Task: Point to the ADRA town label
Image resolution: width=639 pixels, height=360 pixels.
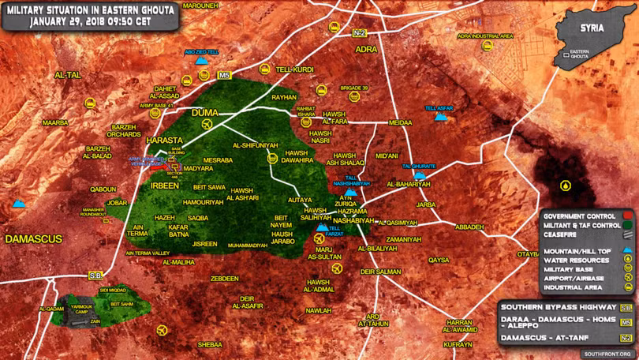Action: [367, 49]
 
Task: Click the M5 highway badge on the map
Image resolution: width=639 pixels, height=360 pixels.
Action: [224, 76]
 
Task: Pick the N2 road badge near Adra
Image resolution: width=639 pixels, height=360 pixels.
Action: [360, 32]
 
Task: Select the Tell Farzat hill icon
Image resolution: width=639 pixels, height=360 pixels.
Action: [322, 229]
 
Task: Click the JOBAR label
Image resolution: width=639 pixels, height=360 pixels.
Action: [117, 203]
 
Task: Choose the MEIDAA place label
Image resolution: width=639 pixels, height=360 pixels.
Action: [400, 123]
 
